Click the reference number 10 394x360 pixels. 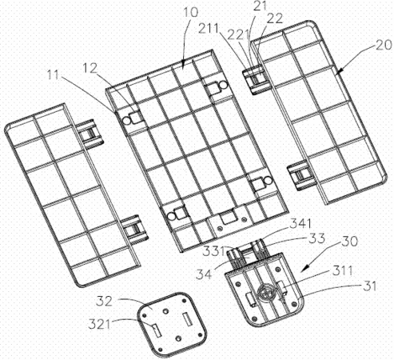[x=191, y=12]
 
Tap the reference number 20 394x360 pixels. [x=384, y=45]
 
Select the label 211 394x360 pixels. [x=209, y=29]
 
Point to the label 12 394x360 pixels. [x=90, y=68]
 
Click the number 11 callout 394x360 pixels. [x=53, y=75]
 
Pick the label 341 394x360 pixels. [x=300, y=223]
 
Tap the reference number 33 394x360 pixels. [x=316, y=238]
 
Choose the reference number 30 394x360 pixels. [x=349, y=241]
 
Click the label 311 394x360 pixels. [x=342, y=271]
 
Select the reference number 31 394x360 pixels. [x=370, y=286]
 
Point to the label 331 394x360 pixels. [x=213, y=251]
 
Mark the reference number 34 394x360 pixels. [x=204, y=274]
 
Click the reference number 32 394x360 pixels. [x=104, y=302]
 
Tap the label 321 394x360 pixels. [x=99, y=324]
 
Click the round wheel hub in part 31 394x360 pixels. [x=265, y=293]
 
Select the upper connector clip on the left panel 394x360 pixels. [x=91, y=133]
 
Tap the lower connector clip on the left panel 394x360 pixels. [x=134, y=229]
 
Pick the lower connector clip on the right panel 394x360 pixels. [x=301, y=175]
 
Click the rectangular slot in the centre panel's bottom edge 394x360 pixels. [x=229, y=217]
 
